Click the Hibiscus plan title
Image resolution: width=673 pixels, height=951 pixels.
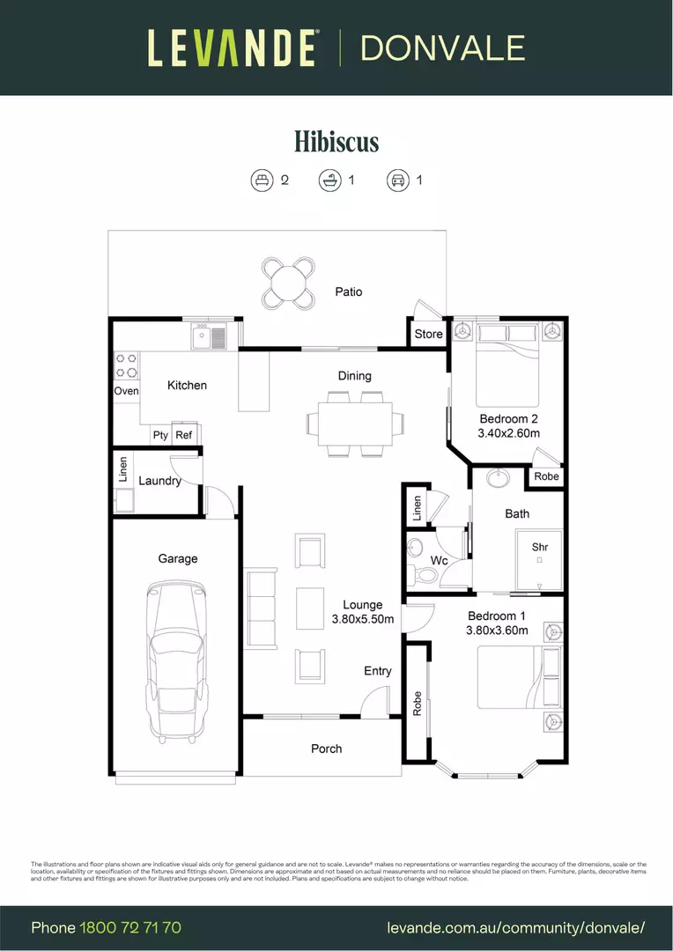pos(336,141)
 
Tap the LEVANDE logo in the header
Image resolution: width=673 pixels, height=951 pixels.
pos(232,48)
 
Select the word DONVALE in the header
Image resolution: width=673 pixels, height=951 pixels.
pos(442,48)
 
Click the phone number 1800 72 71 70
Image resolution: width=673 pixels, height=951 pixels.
pos(130,927)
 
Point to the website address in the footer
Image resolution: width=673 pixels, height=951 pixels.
pos(516,927)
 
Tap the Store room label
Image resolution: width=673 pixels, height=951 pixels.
pos(429,334)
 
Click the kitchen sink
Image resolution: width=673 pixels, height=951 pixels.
pos(209,335)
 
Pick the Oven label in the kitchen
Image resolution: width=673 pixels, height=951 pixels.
pos(127,390)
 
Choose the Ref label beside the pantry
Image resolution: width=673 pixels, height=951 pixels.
pos(184,435)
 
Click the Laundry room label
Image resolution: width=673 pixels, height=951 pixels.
pos(159,481)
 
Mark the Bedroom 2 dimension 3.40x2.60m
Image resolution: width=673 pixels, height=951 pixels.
pos(508,433)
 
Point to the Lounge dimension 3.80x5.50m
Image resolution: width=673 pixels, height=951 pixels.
pos(362,619)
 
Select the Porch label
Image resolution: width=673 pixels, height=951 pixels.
pos(326,748)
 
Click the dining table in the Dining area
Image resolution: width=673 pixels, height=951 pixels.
pos(356,424)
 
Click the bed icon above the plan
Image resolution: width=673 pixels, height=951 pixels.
pos(262,181)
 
